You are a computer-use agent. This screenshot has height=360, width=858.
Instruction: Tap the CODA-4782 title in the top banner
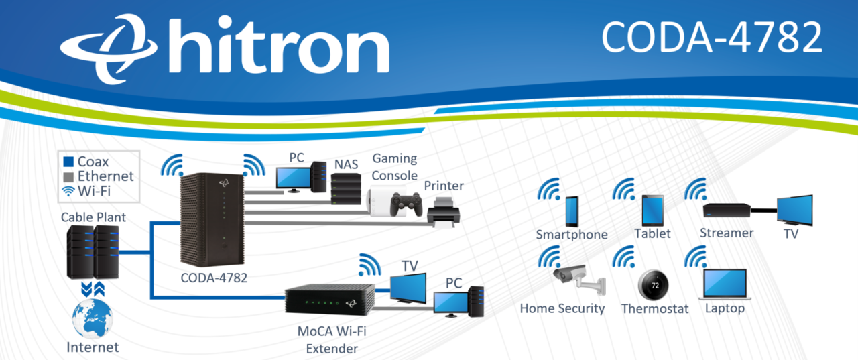tap(711, 36)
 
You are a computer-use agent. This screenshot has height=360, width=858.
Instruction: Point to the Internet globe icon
tap(92, 318)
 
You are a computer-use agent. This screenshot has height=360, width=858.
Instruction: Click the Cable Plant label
tap(93, 217)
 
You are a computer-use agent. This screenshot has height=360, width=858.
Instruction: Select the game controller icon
tap(406, 203)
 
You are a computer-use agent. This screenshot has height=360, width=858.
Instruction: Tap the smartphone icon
tap(571, 211)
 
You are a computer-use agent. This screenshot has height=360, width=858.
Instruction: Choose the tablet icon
tap(652, 211)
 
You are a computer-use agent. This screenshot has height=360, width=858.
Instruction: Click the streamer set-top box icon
tap(727, 211)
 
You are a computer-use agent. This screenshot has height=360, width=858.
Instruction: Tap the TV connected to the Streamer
tap(794, 210)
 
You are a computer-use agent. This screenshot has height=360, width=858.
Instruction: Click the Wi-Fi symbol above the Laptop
tap(695, 257)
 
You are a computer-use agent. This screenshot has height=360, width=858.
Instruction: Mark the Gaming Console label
tap(395, 166)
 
